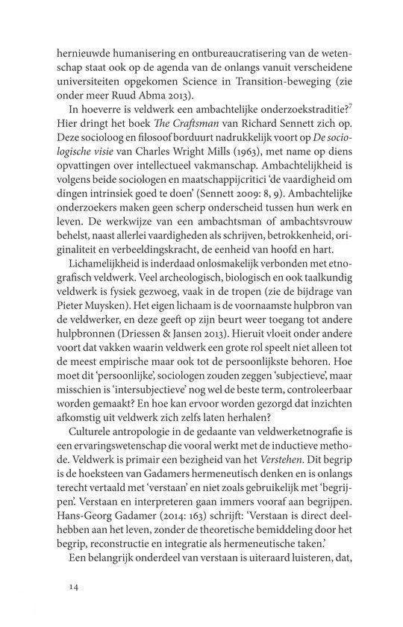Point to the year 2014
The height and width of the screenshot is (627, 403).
192,527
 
